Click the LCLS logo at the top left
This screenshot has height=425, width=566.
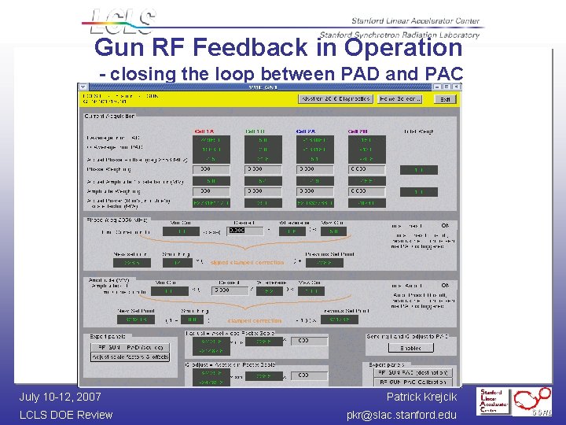(122, 21)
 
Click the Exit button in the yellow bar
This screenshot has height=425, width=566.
(445, 99)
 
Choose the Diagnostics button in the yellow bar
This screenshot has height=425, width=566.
(335, 99)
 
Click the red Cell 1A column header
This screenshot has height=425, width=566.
(204, 131)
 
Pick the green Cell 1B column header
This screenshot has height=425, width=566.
(255, 131)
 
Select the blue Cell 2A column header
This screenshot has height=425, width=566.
(306, 131)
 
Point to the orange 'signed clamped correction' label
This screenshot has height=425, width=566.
(247, 262)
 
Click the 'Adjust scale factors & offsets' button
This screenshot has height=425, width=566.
(130, 357)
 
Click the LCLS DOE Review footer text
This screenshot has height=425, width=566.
(66, 415)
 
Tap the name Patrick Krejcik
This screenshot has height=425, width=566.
(421, 397)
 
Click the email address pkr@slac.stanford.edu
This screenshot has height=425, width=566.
(402, 415)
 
